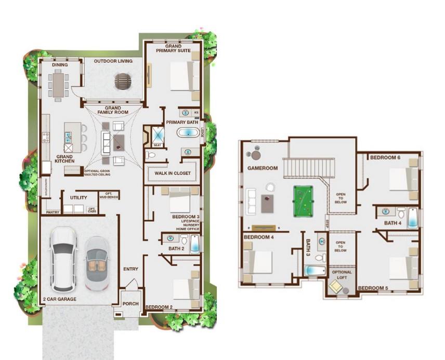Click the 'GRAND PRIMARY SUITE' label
[173, 48]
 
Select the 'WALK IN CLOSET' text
[173, 173]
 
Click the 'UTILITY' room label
[78, 197]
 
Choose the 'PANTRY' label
[53, 212]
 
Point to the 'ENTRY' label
[130, 269]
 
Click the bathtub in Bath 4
[412, 218]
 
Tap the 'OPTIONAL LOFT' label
[342, 274]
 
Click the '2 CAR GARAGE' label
[60, 299]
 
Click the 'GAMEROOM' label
[263, 168]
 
